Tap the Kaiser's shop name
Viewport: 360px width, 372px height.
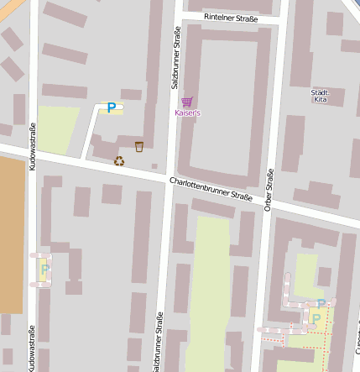(x=188, y=112)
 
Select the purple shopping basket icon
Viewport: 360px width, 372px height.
(x=186, y=101)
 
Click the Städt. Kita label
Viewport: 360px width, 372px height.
(x=320, y=95)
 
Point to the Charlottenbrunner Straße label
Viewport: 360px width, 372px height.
(x=210, y=189)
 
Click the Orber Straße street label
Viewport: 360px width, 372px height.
(x=269, y=190)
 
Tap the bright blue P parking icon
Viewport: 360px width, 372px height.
(x=111, y=107)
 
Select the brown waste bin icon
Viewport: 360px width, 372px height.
(x=139, y=147)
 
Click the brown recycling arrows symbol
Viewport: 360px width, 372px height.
(x=119, y=160)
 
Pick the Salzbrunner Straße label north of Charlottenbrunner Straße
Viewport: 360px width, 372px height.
(x=175, y=58)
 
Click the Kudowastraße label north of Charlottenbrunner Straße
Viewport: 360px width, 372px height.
(x=33, y=147)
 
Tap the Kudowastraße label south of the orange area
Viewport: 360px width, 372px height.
(x=32, y=348)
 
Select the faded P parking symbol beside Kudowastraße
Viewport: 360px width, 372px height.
(x=45, y=270)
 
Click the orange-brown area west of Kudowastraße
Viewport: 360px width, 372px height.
(x=11, y=235)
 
